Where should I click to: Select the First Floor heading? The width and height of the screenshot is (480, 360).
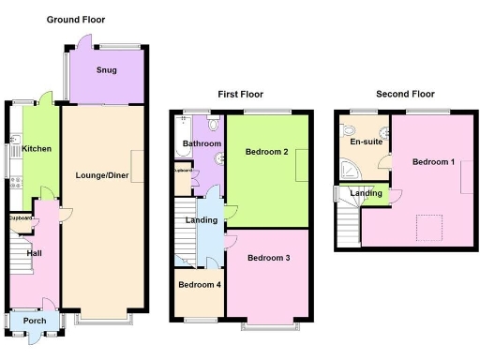coord(240,94)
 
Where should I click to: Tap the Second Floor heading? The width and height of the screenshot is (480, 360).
coord(405,94)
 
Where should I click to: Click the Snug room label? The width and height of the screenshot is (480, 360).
coord(106,70)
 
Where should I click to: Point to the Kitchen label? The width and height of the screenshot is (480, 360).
coord(37,149)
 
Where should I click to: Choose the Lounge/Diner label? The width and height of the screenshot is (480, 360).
coord(103,175)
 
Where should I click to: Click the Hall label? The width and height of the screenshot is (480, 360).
coord(35,253)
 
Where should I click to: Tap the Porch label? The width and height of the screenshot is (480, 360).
coord(35,321)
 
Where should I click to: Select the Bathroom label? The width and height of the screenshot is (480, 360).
coord(201,143)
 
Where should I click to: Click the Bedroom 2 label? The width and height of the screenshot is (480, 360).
coord(266,152)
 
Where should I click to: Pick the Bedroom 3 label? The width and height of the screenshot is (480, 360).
coord(268,257)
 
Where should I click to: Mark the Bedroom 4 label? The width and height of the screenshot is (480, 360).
coord(199,284)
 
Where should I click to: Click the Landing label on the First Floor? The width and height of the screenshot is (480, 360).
coord(202,220)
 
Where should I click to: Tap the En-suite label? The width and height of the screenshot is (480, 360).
coord(365,142)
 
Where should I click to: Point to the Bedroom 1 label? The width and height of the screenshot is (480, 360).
coord(433,161)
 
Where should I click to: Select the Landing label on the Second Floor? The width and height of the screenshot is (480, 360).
coord(366,193)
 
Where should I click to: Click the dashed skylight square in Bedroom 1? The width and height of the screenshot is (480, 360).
coord(429,226)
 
